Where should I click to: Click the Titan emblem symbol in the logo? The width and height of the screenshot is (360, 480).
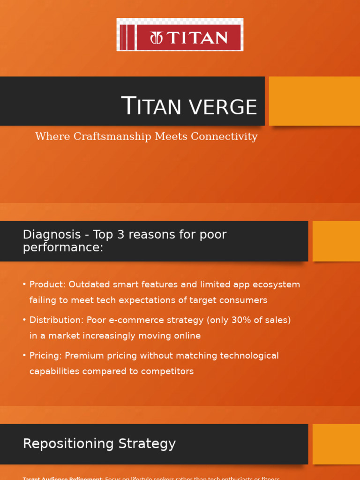click(156, 38)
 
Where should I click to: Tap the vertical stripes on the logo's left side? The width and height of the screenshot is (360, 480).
click(125, 37)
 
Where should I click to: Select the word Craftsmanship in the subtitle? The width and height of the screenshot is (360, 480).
click(110, 136)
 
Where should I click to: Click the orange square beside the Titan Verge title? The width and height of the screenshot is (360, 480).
click(314, 101)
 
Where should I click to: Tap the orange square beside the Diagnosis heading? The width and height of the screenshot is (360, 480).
click(336, 241)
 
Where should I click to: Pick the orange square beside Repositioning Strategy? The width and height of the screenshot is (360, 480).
click(336, 444)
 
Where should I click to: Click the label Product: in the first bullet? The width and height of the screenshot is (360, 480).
click(47, 285)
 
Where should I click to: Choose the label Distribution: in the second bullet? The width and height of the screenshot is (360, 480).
click(56, 320)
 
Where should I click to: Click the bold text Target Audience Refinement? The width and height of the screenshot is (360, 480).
click(63, 478)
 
